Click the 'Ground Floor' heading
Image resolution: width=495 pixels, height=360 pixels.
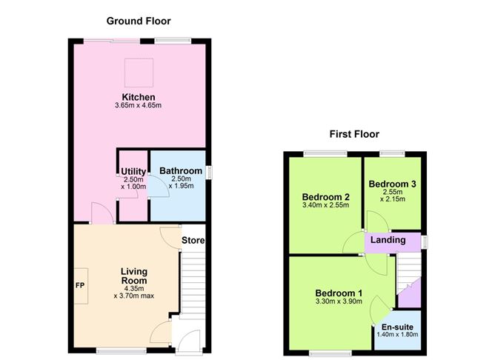(139, 21)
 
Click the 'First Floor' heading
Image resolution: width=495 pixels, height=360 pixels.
(354, 134)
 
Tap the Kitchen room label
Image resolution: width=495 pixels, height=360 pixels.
(139, 97)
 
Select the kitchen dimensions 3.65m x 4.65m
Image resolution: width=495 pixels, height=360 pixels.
(139, 106)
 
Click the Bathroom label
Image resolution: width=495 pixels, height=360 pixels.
(180, 171)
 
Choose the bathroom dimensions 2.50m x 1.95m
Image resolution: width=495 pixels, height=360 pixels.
(181, 182)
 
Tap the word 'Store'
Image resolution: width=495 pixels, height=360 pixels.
(193, 241)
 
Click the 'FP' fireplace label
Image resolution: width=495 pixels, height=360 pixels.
(80, 284)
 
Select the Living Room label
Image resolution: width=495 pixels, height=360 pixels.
(134, 276)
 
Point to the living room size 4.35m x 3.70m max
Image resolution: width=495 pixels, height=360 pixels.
(133, 292)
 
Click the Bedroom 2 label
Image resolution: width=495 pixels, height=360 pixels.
(325, 196)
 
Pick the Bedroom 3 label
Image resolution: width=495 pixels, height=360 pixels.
(392, 184)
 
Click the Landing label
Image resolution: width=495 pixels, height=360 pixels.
(388, 240)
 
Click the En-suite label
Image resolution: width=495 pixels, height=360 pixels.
(398, 327)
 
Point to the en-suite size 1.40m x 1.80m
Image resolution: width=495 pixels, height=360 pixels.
(398, 335)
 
